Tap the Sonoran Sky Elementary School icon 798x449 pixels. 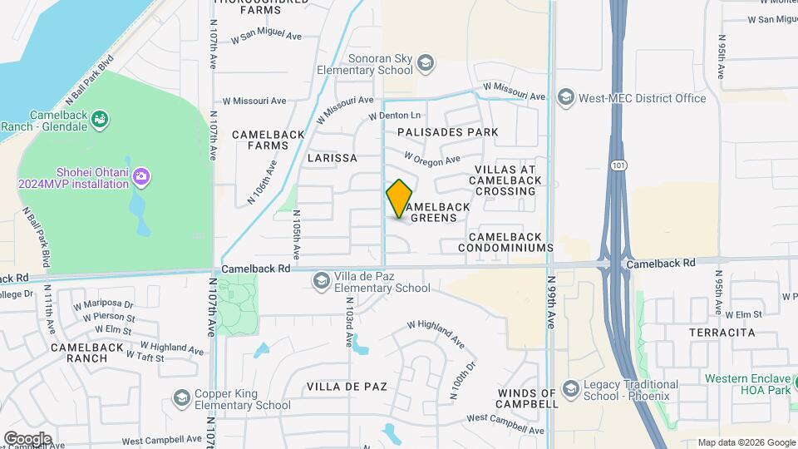(426, 63)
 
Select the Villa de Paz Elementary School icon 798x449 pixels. (321, 282)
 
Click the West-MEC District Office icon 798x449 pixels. (566, 98)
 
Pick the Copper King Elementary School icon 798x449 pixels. (181, 398)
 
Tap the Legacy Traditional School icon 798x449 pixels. (570, 388)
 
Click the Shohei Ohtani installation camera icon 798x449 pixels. (140, 176)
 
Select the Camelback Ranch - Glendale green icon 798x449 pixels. (100, 120)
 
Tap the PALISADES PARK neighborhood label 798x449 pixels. (447, 132)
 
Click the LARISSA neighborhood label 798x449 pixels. (332, 157)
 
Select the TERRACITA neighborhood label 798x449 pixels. (722, 332)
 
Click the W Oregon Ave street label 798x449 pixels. (432, 158)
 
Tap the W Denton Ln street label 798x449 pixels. (395, 115)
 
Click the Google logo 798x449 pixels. (27, 438)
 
